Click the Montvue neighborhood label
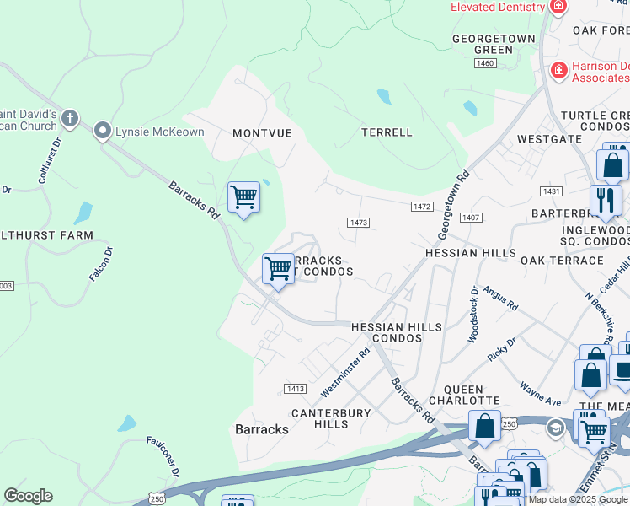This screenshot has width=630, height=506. [x=262, y=133]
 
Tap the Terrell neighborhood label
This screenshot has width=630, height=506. [x=387, y=132]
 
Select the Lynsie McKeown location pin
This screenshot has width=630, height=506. [x=103, y=131]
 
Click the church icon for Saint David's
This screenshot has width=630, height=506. [x=69, y=118]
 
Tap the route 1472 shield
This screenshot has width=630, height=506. [x=422, y=207]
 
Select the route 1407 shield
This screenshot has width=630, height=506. [x=471, y=218]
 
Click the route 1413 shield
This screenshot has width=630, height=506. [x=294, y=388]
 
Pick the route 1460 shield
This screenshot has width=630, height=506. [x=484, y=63]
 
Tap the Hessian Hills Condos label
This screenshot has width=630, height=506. [x=385, y=332]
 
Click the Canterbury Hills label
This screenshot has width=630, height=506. [x=331, y=418]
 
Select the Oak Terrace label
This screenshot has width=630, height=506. [x=562, y=261]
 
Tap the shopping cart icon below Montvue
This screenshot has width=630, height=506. [x=243, y=197]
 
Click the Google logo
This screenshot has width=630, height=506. [x=28, y=496]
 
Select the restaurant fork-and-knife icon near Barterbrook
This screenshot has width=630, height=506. [x=605, y=201]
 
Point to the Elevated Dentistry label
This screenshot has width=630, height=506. [x=498, y=7]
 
